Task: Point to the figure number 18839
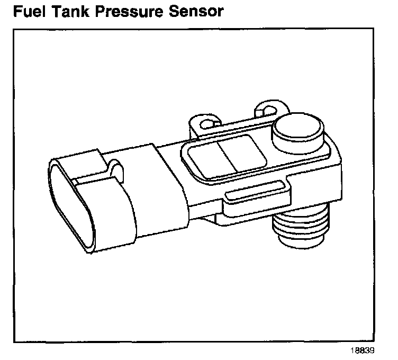[x=363, y=350]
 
